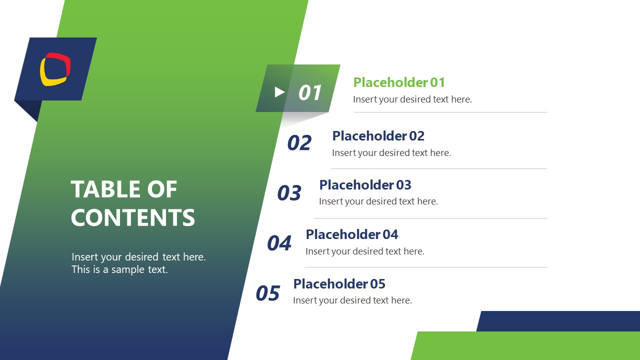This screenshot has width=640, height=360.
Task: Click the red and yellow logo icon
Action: click(55, 69)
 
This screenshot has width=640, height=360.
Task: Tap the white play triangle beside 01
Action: click(279, 92)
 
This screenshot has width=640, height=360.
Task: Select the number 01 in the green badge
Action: click(310, 93)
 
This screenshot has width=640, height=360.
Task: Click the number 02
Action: click(299, 143)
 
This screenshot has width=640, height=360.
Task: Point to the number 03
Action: click(289, 193)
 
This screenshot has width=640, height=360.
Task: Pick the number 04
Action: click(279, 243)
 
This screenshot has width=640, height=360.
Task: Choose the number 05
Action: click(267, 293)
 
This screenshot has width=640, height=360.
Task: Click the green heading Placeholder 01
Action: click(399, 82)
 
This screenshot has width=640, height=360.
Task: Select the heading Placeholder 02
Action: click(378, 136)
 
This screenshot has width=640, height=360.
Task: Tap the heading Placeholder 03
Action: click(365, 185)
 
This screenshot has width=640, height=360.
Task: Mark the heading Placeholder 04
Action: click(351, 234)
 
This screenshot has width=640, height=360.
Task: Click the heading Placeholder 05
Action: click(339, 284)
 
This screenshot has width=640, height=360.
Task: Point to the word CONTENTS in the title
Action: click(133, 218)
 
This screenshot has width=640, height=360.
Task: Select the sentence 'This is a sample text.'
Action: click(119, 270)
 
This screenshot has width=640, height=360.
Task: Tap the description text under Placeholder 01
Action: click(412, 99)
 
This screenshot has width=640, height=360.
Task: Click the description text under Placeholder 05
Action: click(352, 300)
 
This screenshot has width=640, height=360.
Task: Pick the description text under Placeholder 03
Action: click(378, 201)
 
